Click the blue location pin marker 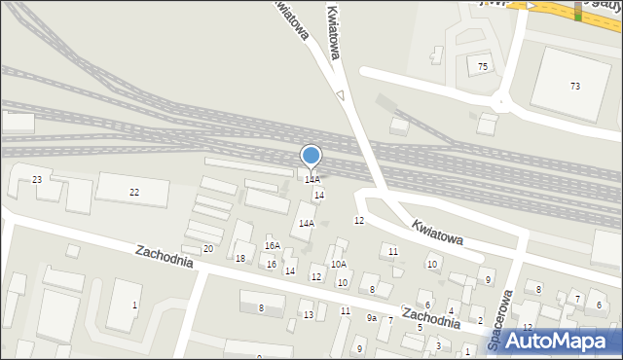click(311, 156)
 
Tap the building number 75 click(482, 66)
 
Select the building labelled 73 click(574, 87)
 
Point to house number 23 click(37, 180)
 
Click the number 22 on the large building click(134, 193)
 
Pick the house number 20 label click(207, 249)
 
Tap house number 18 click(240, 258)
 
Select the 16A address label click(273, 246)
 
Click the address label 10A click(338, 264)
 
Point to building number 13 click(309, 314)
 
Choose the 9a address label click(371, 317)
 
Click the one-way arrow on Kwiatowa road click(340, 95)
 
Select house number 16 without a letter click(272, 265)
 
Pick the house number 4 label click(451, 311)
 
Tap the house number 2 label click(480, 320)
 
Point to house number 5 click(420, 328)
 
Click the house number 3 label click(438, 345)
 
